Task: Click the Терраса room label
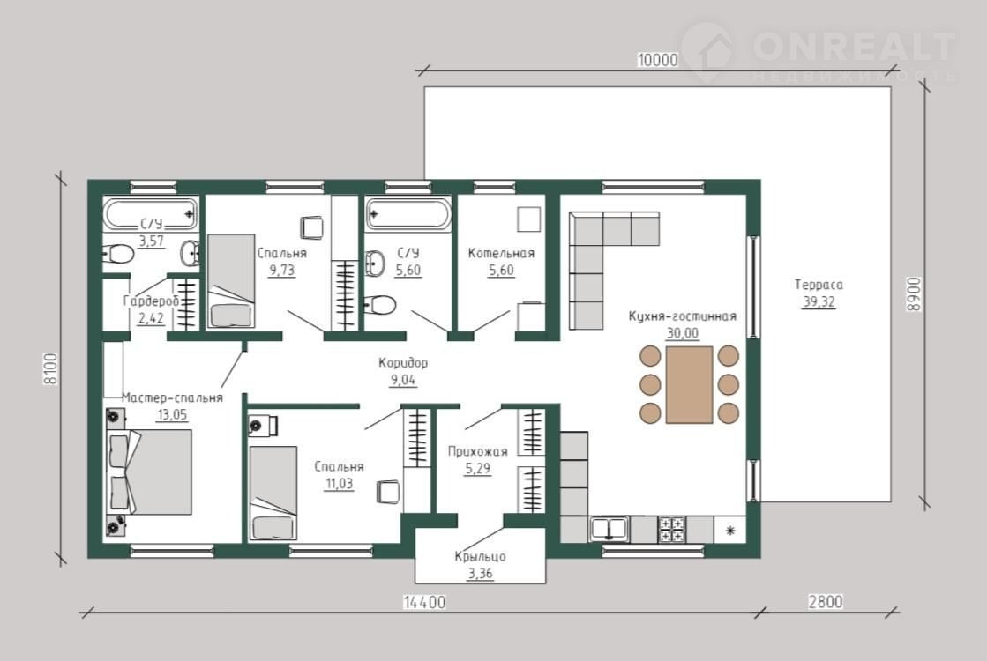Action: click(819, 285)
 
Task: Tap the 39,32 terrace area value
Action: click(819, 302)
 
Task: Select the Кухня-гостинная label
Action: click(683, 316)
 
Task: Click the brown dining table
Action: click(689, 384)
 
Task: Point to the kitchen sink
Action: click(609, 529)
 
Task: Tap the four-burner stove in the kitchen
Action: click(671, 530)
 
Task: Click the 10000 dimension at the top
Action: click(657, 61)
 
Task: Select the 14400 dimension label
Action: click(424, 603)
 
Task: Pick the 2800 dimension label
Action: click(826, 602)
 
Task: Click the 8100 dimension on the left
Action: click(50, 368)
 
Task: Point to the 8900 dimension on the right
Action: click(914, 293)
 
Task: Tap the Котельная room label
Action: click(501, 254)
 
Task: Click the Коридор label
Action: click(403, 363)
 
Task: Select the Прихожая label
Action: click(477, 451)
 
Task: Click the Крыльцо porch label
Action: click(480, 557)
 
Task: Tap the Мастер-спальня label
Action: click(172, 398)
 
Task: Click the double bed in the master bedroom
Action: click(150, 472)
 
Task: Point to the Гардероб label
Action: click(151, 301)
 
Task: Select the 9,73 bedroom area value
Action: click(281, 271)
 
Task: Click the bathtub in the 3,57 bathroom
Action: click(151, 214)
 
